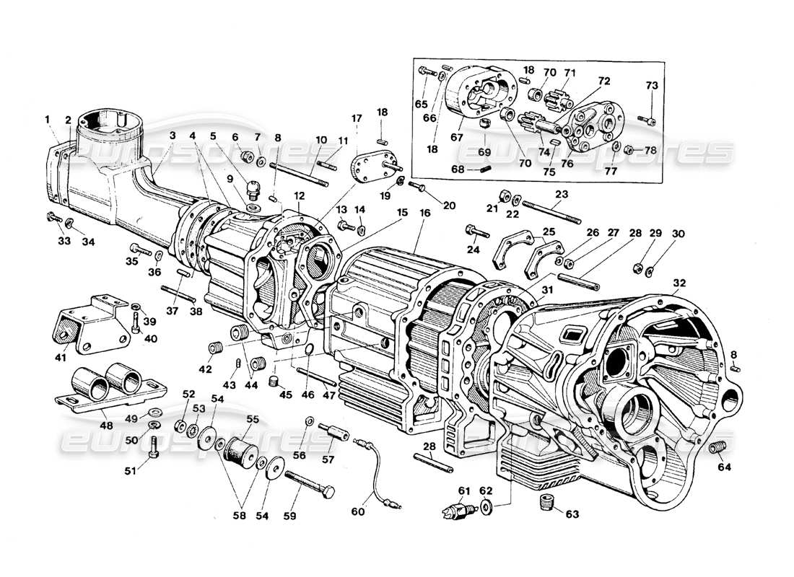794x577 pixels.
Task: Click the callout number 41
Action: pyautogui.click(x=61, y=357)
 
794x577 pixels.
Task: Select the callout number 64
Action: pyautogui.click(x=724, y=467)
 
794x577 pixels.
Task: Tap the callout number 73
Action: pyautogui.click(x=652, y=86)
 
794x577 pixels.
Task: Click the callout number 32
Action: pyautogui.click(x=679, y=282)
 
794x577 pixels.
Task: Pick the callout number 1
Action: pyautogui.click(x=46, y=119)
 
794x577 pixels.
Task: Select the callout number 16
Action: pyautogui.click(x=424, y=213)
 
